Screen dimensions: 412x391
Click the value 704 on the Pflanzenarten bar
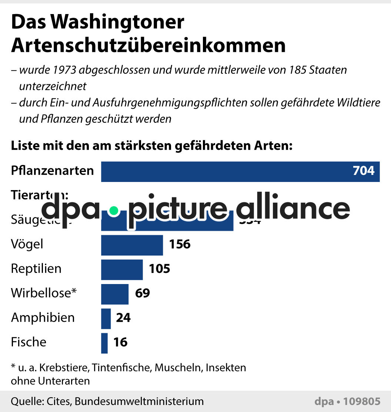[x=363, y=171]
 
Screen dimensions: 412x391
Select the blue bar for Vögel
[x=132, y=245]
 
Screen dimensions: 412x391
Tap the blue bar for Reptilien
[x=122, y=269]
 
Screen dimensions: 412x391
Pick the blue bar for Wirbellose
[x=115, y=294]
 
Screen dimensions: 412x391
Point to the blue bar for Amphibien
[x=106, y=318]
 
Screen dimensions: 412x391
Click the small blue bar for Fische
[x=104, y=343]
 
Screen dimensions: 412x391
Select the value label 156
[x=180, y=244]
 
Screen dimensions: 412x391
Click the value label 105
[x=160, y=269]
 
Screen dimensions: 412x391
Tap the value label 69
[x=143, y=293]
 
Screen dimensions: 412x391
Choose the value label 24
[x=123, y=318]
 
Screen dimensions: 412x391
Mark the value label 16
[x=120, y=342]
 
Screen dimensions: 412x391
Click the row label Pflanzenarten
[x=52, y=171]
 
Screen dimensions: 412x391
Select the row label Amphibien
[x=43, y=318]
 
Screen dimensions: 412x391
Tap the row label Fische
[x=29, y=342]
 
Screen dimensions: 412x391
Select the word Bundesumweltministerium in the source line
[x=145, y=401]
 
